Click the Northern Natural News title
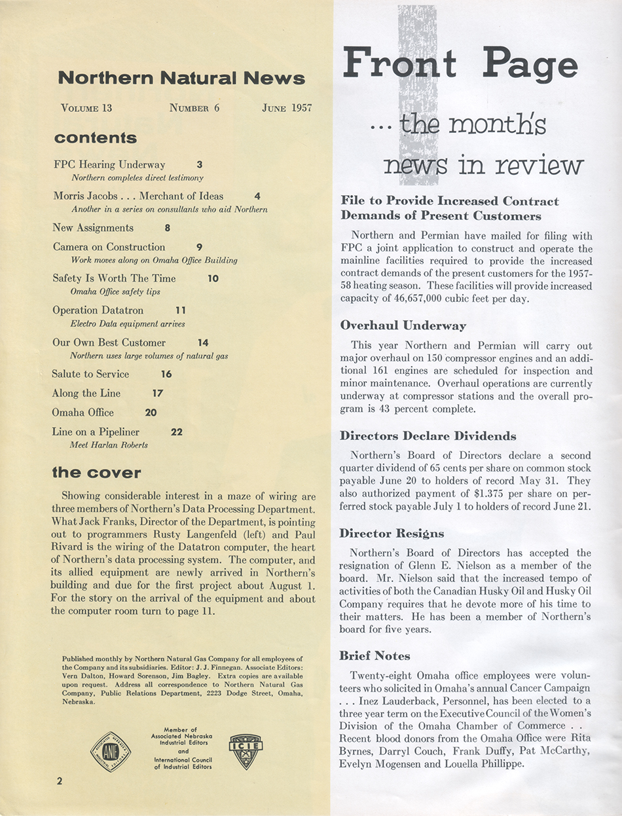coord(181,79)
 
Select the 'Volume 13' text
coord(86,108)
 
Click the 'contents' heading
coord(96,138)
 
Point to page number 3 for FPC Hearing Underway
coord(200,165)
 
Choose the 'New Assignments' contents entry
coord(93,228)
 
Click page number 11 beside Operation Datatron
coord(181,310)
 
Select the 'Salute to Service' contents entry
coord(90,374)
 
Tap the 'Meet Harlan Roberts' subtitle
coord(109,445)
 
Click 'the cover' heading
coord(97,473)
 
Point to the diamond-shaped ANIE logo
coord(110,751)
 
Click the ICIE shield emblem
coord(246,751)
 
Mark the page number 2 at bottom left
coord(59,781)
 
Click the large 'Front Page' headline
coord(460,65)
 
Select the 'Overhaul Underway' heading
coord(403,325)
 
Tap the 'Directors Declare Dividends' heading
coord(428,436)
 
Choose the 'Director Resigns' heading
coord(392,533)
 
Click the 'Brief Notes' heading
coord(375,656)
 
